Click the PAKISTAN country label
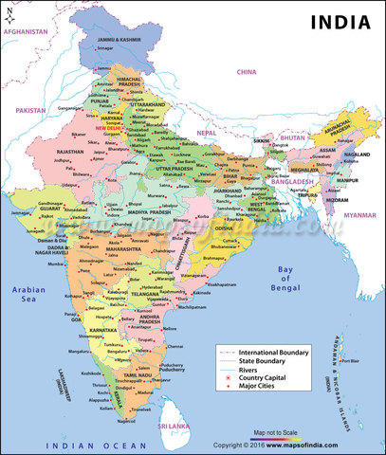(31, 110)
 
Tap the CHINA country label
(247, 71)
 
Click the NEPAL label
(219, 134)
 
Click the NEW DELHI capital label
(108, 127)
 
